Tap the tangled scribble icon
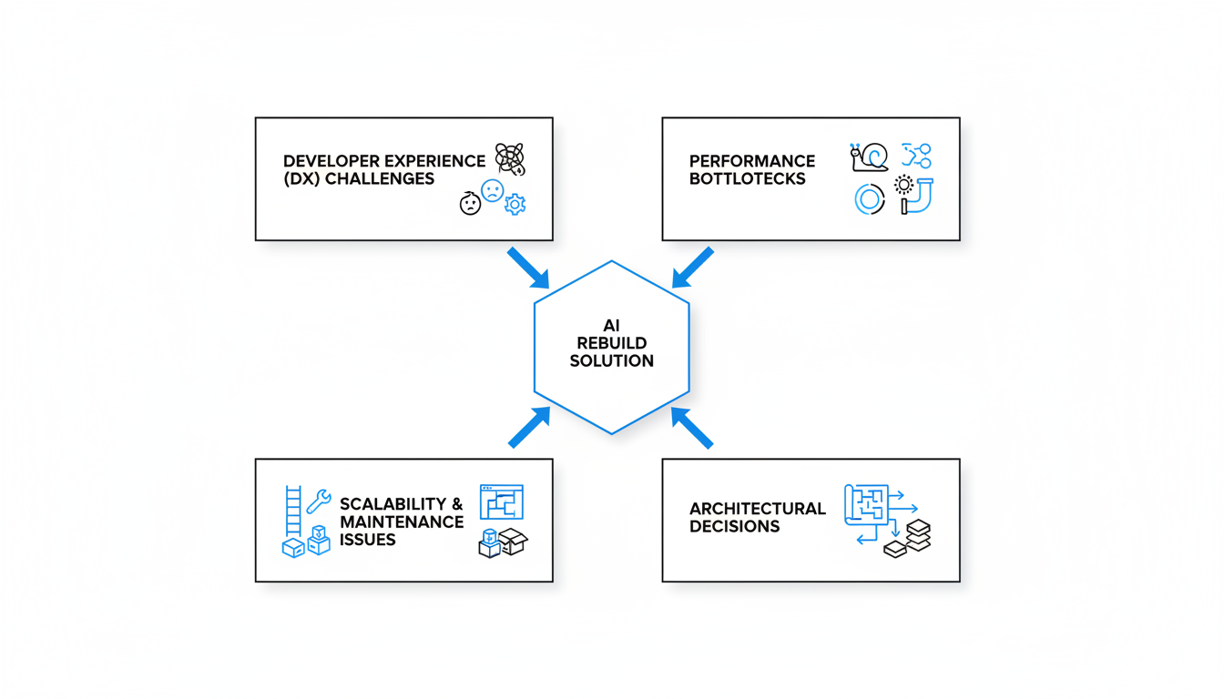(x=510, y=159)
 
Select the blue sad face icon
(x=492, y=190)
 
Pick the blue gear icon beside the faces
(x=515, y=204)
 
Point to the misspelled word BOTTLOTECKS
(x=747, y=179)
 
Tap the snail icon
(x=870, y=157)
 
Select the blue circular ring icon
(x=870, y=199)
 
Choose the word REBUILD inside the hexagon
(x=612, y=343)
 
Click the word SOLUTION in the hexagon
(x=612, y=361)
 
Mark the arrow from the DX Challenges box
(x=528, y=268)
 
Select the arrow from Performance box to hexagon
(x=693, y=268)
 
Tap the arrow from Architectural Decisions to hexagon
(x=692, y=428)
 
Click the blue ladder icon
(x=293, y=512)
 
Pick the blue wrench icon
(x=319, y=501)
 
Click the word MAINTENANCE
(x=402, y=522)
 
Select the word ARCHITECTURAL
(x=758, y=509)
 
